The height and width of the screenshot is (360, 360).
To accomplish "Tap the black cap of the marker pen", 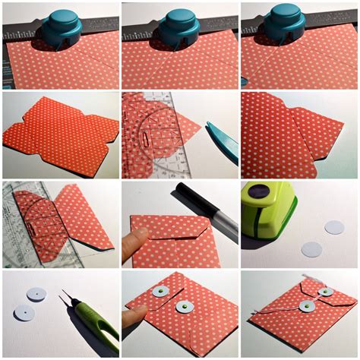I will pos(186,193).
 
